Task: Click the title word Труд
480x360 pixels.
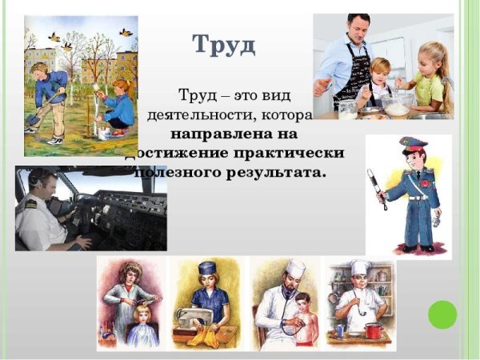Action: point(224,44)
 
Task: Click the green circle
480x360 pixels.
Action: point(442,314)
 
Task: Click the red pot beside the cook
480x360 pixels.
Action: point(374,329)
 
